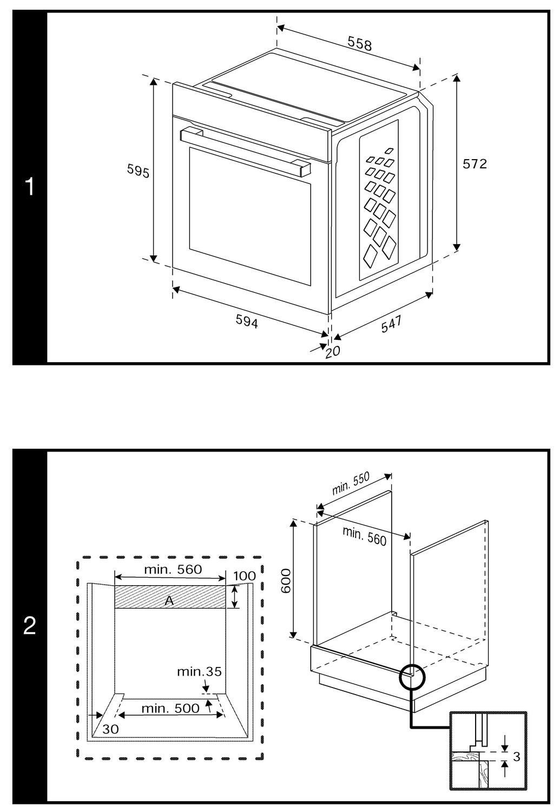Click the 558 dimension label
(360, 43)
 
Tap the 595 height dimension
(138, 171)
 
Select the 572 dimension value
(475, 163)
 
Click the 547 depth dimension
(391, 324)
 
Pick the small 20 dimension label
(333, 351)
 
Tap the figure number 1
(30, 187)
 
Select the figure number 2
(30, 626)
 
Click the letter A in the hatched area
(169, 600)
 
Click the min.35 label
(199, 672)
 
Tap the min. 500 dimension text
(170, 708)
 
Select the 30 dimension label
(110, 729)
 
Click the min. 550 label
(351, 483)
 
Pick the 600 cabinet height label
(286, 582)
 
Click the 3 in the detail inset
(516, 756)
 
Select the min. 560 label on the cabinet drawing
(364, 536)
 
